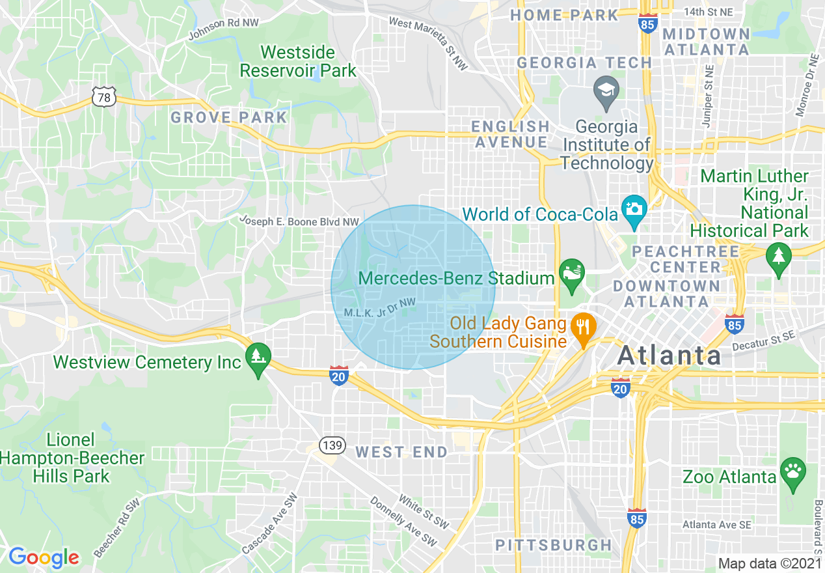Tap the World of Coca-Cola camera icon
(634, 210)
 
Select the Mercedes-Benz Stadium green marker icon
(572, 275)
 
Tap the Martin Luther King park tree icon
(778, 257)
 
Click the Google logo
(44, 557)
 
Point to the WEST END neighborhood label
(401, 452)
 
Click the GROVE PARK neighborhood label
(228, 118)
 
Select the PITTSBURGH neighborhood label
(554, 545)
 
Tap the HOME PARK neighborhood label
(564, 15)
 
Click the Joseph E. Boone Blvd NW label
(299, 222)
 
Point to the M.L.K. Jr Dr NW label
(379, 307)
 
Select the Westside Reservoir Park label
(298, 61)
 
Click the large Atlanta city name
(669, 356)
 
